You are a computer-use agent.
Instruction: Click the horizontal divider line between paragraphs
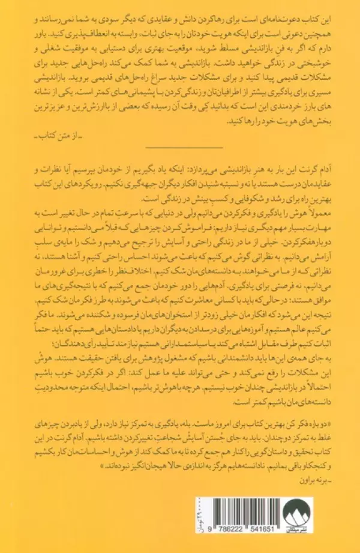coord(180,149)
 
